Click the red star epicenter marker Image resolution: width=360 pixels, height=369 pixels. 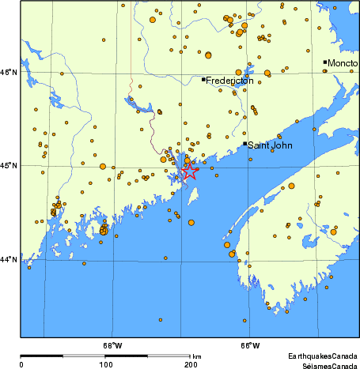pyautogui.click(x=190, y=171)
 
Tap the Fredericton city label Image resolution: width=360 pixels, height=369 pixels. pyautogui.click(x=229, y=81)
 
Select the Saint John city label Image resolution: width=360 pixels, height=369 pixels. pyautogui.click(x=273, y=145)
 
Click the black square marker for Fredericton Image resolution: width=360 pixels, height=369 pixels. pyautogui.click(x=203, y=79)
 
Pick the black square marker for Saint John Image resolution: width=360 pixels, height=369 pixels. pyautogui.click(x=245, y=144)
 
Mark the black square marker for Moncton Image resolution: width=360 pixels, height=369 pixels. pyautogui.click(x=325, y=62)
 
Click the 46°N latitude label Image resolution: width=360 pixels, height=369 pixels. pyautogui.click(x=9, y=73)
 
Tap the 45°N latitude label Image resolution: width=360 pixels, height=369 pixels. pyautogui.click(x=9, y=166)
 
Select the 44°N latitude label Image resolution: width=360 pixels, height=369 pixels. pyautogui.click(x=9, y=259)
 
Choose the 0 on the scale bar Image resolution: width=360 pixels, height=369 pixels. pyautogui.click(x=21, y=365)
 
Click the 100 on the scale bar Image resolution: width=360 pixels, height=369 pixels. pyautogui.click(x=105, y=365)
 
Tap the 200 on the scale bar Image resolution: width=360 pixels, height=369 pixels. pyautogui.click(x=191, y=365)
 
